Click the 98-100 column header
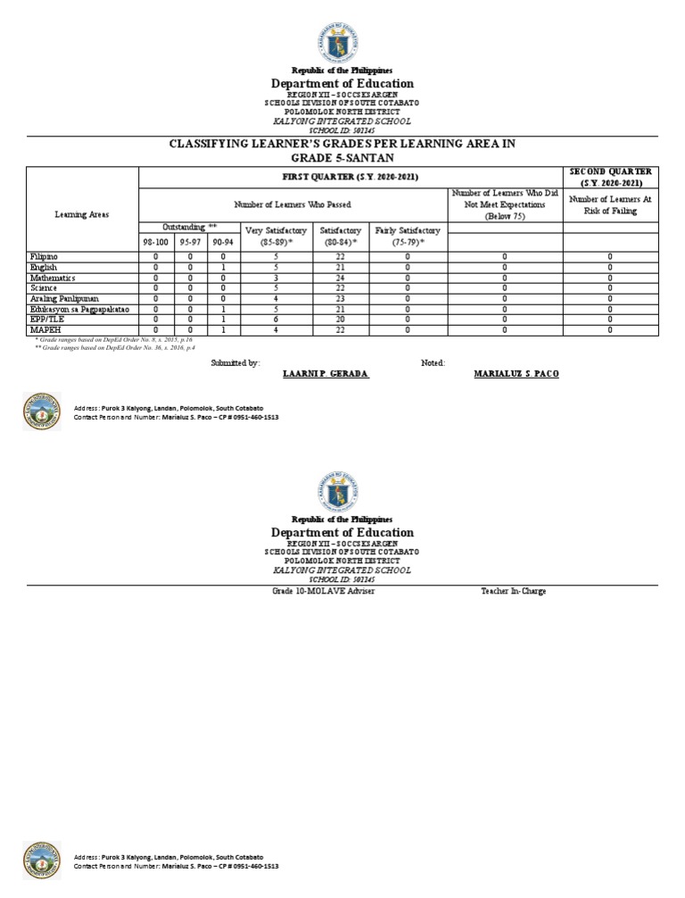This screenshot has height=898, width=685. [x=155, y=241]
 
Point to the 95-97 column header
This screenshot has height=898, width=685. [x=190, y=241]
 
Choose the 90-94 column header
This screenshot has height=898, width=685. [x=223, y=241]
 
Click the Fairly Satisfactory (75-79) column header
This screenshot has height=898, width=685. [x=408, y=236]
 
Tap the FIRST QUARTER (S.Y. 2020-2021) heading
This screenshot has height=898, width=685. [x=351, y=178]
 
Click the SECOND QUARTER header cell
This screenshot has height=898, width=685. [x=610, y=177]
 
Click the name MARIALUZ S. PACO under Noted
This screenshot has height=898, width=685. [x=516, y=373]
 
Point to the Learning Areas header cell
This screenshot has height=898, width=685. [x=82, y=215]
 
